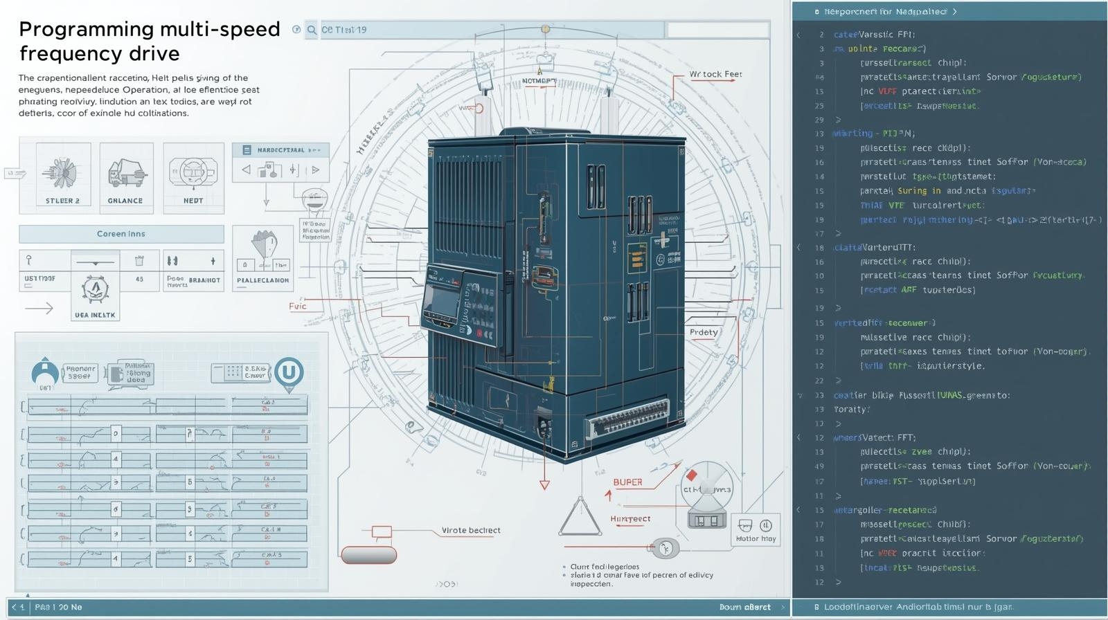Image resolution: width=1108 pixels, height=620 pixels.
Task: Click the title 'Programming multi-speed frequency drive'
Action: (149, 41)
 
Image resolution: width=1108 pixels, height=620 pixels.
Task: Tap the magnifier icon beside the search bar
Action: (312, 30)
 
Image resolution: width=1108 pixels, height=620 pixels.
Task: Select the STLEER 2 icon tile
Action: (63, 177)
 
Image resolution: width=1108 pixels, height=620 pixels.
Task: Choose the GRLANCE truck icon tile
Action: (126, 177)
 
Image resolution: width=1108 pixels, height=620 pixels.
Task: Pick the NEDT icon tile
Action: (193, 177)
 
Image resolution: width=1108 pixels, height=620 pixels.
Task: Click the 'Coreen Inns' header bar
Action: (121, 234)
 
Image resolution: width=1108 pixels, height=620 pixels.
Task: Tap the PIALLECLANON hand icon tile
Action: (262, 258)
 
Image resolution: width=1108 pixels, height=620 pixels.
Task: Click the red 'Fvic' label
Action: (298, 306)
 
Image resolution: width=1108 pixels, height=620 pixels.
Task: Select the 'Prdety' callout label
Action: (704, 332)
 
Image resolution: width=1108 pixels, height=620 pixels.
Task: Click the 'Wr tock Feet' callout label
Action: (715, 74)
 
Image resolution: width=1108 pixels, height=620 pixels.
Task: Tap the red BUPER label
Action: (627, 482)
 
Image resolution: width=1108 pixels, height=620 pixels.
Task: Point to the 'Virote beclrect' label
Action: (471, 531)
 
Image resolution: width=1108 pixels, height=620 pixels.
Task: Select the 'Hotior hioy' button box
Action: (756, 530)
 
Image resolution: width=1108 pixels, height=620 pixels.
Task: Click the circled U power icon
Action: (288, 372)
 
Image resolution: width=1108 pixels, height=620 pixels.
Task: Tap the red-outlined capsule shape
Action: (368, 555)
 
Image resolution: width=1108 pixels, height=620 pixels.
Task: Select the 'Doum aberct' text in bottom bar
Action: (744, 607)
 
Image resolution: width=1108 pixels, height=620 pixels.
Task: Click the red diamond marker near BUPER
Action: (691, 475)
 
